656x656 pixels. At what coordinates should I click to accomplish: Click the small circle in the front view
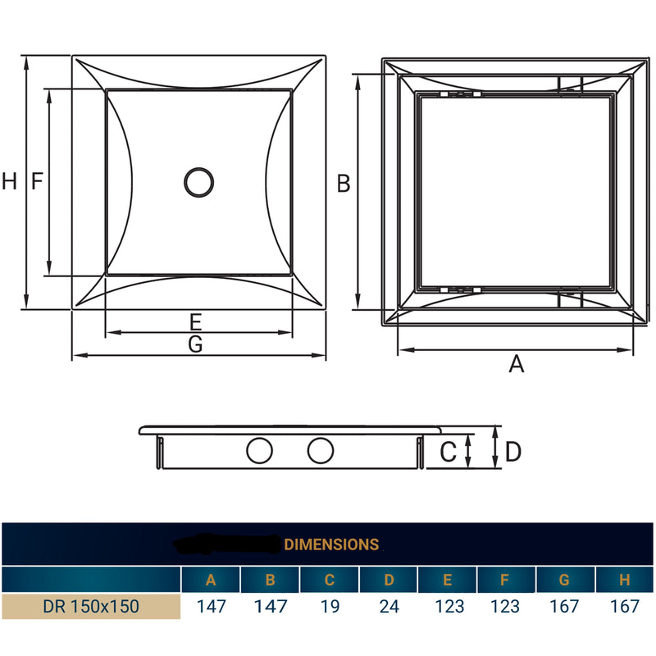pos(198,182)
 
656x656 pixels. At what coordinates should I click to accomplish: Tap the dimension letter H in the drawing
pos(9,182)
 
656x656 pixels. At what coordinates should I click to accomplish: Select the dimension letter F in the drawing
pos(36,182)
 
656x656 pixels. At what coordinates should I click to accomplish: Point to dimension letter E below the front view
pos(195,321)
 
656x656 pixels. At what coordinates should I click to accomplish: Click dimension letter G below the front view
pos(195,345)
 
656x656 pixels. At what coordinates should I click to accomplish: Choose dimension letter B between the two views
pos(344,184)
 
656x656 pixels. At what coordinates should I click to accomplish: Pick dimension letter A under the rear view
pos(516,364)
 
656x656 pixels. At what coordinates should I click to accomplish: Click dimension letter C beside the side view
pos(448,451)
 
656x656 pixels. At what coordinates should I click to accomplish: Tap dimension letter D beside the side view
pos(513,451)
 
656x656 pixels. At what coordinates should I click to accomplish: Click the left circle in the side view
pos(260,450)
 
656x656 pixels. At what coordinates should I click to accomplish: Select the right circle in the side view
pos(321,450)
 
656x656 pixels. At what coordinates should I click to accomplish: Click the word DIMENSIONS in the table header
pos(331,544)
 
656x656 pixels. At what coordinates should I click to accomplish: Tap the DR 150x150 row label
pos(91,607)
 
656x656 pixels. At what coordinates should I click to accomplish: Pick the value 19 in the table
pos(330,607)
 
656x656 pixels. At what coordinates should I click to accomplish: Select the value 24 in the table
pos(389,607)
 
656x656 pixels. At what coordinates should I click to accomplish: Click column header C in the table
pos(330,581)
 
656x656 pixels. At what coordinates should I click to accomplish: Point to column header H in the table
pos(625,581)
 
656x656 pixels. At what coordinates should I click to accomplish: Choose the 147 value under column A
pos(211,607)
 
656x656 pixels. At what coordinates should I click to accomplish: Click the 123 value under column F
pos(506,607)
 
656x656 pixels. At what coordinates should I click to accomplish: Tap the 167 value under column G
pos(565,607)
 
